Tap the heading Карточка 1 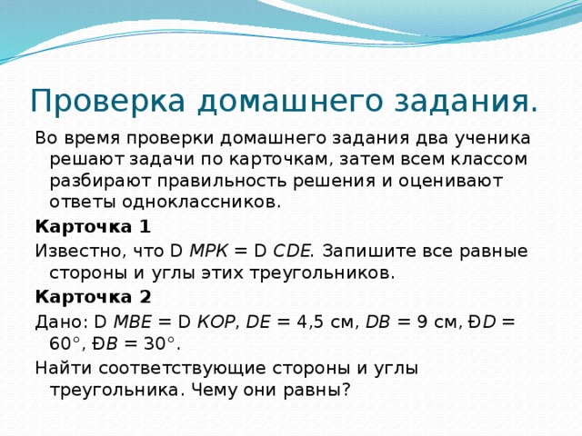pos(92,225)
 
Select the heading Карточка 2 pos(92,296)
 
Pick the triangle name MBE pos(135,320)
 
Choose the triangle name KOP pos(216,320)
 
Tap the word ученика pos(492,136)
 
